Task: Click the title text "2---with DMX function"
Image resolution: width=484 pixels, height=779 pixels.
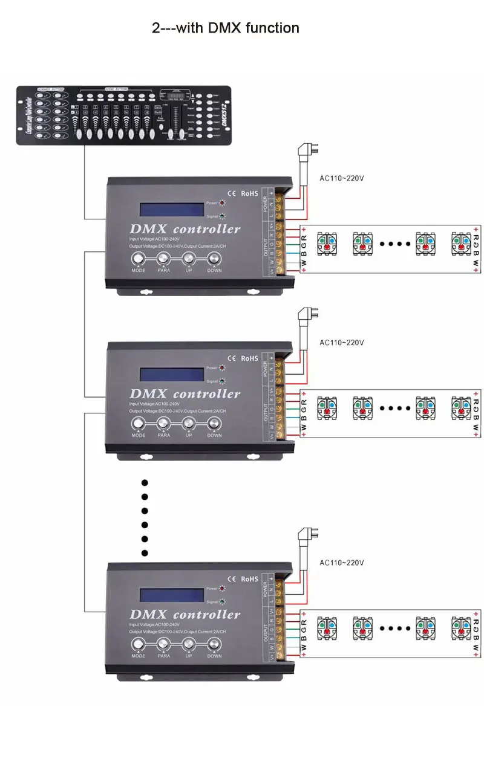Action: point(226,28)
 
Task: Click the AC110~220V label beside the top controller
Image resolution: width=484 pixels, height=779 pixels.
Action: point(342,178)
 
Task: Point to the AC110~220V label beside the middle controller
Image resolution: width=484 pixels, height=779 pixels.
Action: point(342,342)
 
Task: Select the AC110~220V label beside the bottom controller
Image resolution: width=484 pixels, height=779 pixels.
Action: point(342,563)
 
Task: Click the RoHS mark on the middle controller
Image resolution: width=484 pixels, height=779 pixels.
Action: point(249,358)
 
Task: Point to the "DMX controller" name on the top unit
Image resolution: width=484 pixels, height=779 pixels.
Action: point(185,229)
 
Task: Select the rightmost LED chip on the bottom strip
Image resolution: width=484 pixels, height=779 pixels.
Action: point(461,628)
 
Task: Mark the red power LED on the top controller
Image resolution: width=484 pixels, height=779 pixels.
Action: point(222,203)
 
